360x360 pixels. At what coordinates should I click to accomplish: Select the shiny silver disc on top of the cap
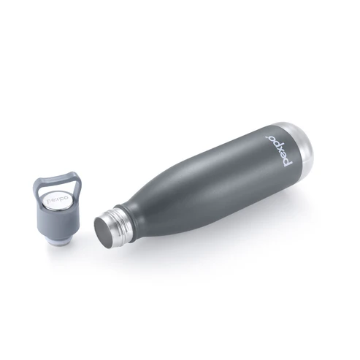[55, 202]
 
